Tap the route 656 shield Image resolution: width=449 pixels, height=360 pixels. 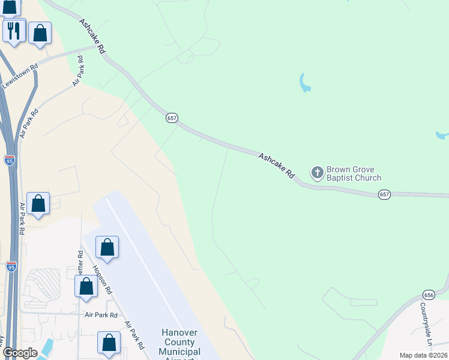click(x=429, y=295)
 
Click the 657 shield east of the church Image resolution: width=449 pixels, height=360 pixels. click(x=385, y=194)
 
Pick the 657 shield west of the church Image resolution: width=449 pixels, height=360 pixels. click(x=172, y=118)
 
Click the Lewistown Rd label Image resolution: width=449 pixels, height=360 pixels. click(x=20, y=76)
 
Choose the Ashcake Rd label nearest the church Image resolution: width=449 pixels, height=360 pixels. click(x=277, y=166)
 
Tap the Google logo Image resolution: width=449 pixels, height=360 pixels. click(x=19, y=353)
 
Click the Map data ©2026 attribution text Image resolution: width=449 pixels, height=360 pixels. click(x=423, y=355)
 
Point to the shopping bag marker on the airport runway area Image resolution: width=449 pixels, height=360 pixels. click(x=107, y=247)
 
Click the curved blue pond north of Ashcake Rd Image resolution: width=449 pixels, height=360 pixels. click(x=304, y=83)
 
